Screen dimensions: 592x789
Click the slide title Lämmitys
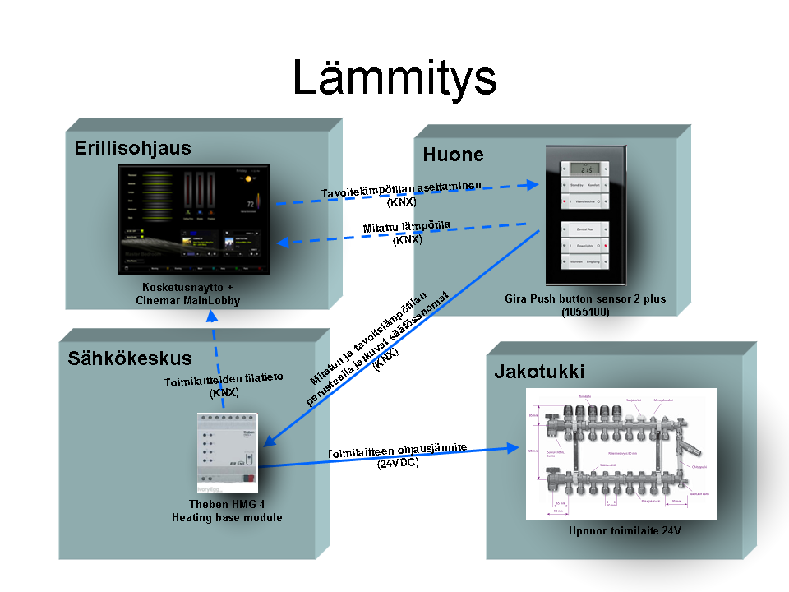[394, 79]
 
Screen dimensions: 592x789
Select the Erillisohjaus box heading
[132, 148]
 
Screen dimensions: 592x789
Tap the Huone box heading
[453, 155]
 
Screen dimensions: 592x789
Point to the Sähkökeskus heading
[130, 358]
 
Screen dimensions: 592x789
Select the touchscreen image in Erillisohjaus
[194, 221]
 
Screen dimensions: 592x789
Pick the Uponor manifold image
[621, 454]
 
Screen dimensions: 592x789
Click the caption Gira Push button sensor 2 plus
[585, 298]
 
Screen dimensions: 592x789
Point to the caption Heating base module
[227, 517]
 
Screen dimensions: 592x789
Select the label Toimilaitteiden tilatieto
[224, 379]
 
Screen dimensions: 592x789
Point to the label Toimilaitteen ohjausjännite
[397, 450]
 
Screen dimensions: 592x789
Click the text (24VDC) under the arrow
[399, 464]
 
